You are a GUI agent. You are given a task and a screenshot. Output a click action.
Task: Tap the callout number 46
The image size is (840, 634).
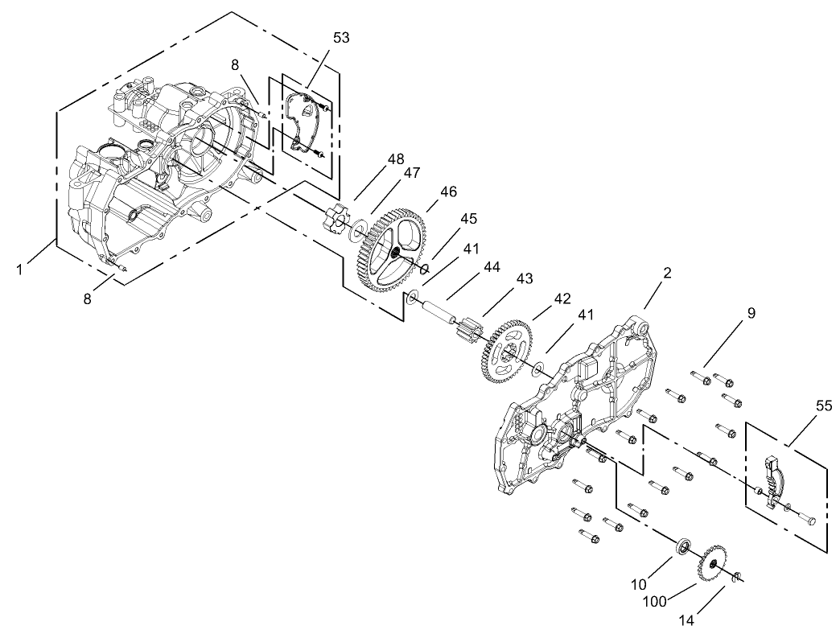448,191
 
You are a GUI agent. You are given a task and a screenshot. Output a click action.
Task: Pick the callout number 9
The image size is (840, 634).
751,313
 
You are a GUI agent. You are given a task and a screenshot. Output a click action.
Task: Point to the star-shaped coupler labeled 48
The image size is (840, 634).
336,220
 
